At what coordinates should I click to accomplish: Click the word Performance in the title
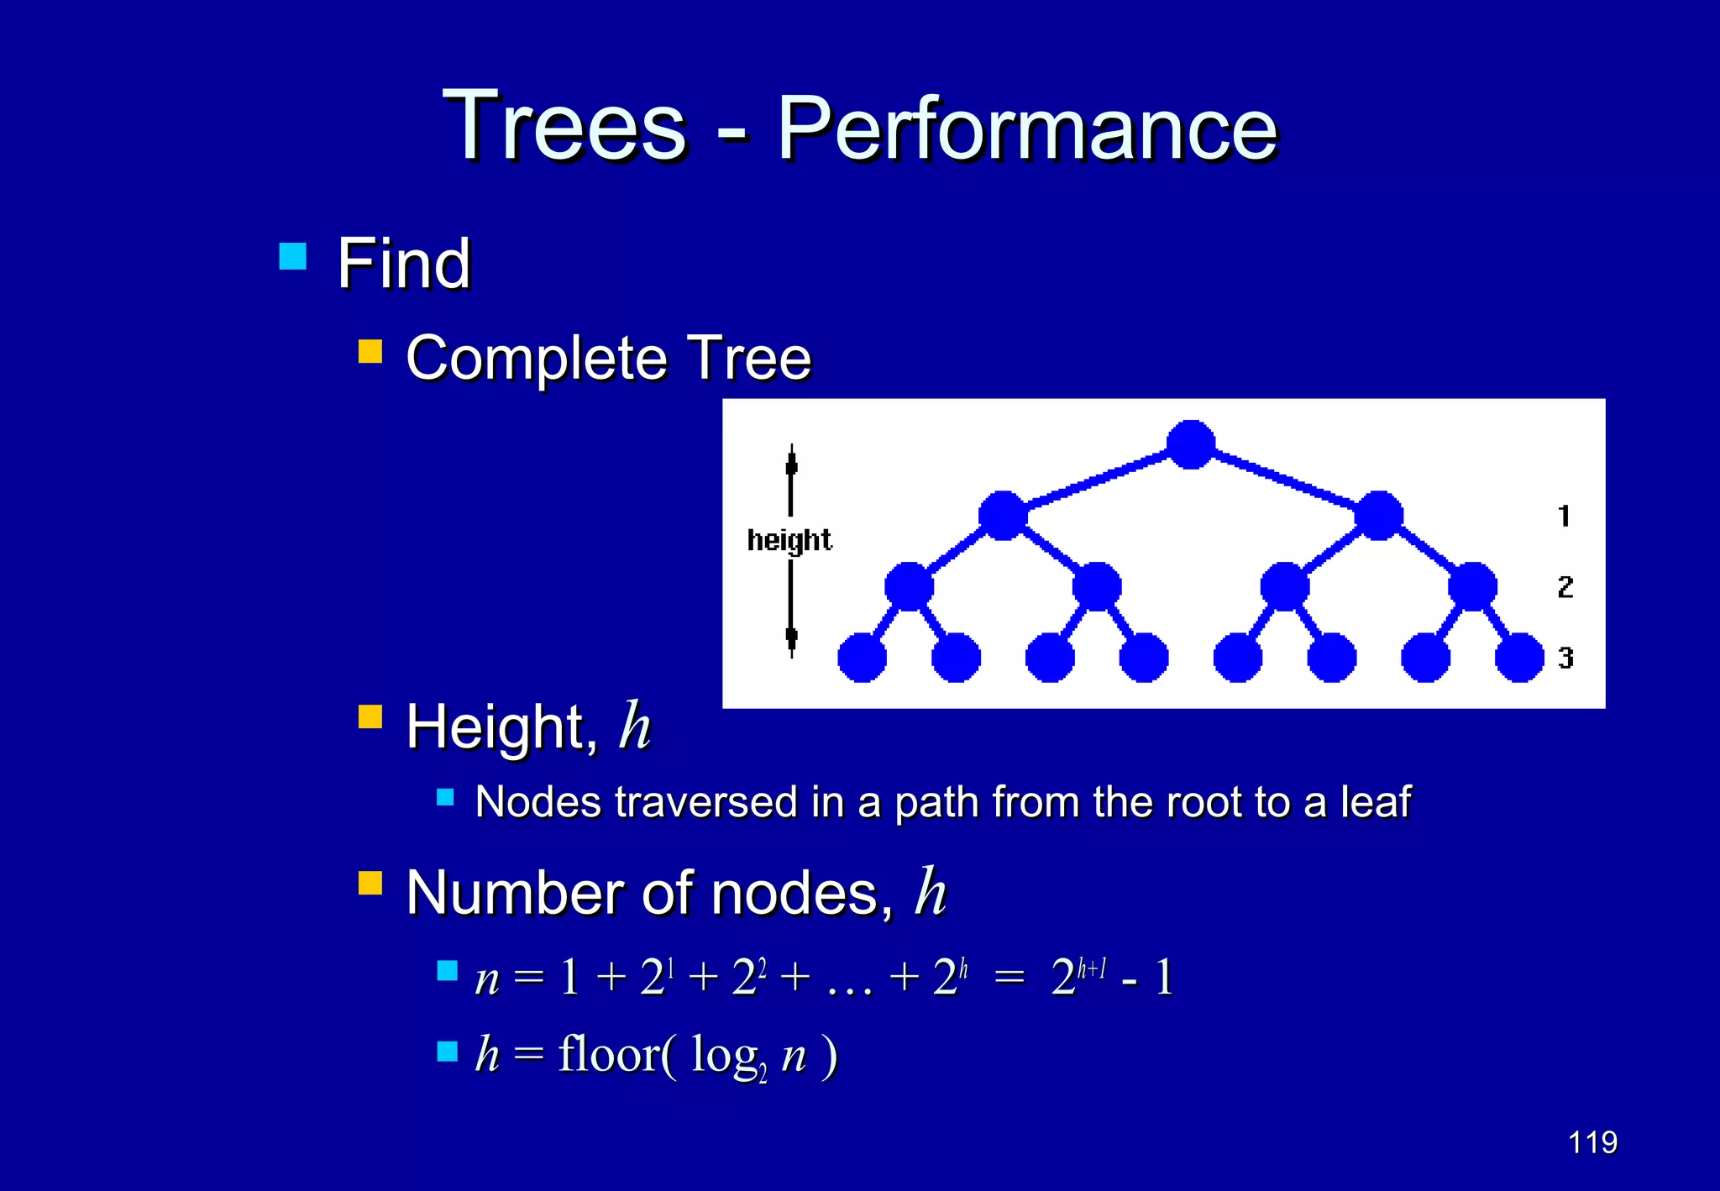pos(1026,128)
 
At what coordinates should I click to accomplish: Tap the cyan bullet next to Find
pos(292,256)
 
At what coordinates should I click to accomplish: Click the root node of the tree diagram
pos(1190,444)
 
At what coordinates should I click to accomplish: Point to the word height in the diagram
pos(789,539)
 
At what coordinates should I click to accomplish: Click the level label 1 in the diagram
pos(1564,515)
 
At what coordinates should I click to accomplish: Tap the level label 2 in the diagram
pos(1565,586)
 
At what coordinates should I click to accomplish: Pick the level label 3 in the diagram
pos(1565,657)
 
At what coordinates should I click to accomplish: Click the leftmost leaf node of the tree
pos(862,657)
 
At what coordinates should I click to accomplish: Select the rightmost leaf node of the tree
pos(1518,657)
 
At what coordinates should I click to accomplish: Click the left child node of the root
pos(1003,515)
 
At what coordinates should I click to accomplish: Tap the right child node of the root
pos(1378,515)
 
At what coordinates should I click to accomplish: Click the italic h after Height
pos(634,726)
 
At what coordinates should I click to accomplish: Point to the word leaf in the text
pos(1375,801)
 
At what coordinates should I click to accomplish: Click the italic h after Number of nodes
pos(930,891)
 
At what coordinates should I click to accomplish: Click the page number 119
pos(1592,1142)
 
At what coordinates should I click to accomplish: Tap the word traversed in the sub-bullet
pos(705,801)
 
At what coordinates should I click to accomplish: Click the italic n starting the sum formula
pos(486,979)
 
